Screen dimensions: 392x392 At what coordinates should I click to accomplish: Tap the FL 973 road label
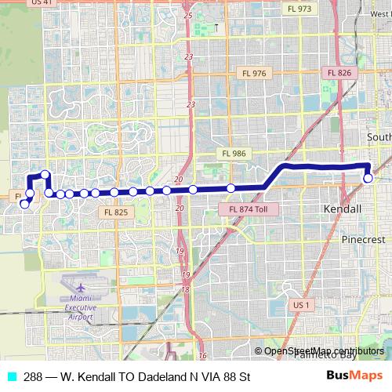point(299,9)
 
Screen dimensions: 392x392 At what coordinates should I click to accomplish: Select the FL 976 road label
point(255,73)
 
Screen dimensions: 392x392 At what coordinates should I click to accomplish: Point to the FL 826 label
point(339,73)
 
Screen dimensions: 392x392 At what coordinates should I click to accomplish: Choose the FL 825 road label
point(115,212)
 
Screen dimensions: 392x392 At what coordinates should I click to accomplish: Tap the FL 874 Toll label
point(253,210)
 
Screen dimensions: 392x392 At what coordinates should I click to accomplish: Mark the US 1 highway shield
point(300,304)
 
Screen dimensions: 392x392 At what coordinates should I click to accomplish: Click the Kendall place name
point(343,209)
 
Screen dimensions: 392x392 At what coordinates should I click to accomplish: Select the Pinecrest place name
point(361,238)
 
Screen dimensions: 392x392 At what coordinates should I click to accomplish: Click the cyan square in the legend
point(11,377)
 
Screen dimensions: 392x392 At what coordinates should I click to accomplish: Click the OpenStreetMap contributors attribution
point(323,351)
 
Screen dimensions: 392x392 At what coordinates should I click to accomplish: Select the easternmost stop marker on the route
point(368,178)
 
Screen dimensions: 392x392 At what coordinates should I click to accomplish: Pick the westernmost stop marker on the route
point(24,205)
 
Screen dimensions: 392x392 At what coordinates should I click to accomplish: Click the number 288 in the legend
point(33,377)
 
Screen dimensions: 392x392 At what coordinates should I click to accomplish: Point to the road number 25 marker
point(188,15)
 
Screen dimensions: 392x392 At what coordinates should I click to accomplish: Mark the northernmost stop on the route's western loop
point(45,175)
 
